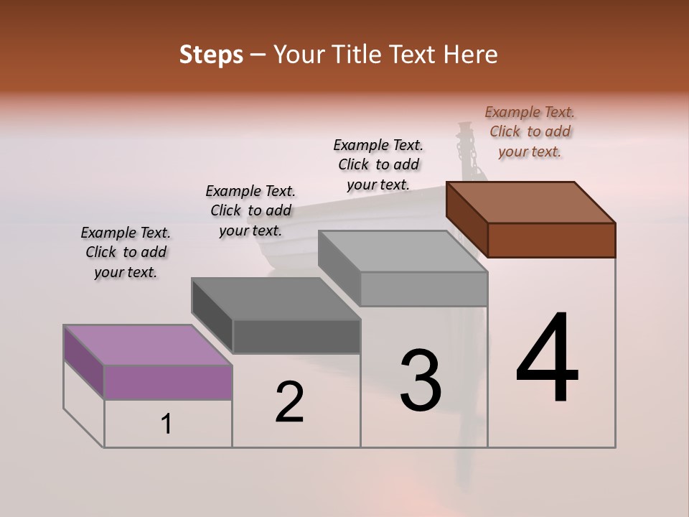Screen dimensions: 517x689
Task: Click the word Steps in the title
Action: [211, 55]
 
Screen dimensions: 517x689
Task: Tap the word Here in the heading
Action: [469, 55]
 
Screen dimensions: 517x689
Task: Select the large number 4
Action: [548, 359]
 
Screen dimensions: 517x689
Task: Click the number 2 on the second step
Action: [290, 402]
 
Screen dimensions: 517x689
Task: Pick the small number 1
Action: [167, 424]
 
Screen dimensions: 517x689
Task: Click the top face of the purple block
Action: [148, 345]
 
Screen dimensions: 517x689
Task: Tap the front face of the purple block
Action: [168, 382]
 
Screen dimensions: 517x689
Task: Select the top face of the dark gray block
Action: [276, 299]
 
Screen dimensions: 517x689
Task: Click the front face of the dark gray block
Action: [296, 336]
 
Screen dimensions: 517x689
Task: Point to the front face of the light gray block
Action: [423, 289]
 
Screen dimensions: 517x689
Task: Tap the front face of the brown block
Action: [551, 240]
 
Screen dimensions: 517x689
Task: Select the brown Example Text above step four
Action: [530, 131]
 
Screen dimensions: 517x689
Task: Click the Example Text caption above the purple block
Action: [126, 252]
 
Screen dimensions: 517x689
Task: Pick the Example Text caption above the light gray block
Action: [378, 164]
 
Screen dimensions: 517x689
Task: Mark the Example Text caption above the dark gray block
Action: [250, 210]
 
